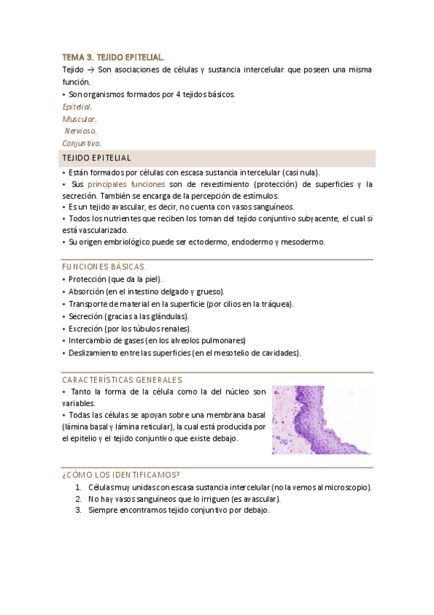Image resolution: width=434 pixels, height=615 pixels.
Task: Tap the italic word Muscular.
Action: tap(79, 118)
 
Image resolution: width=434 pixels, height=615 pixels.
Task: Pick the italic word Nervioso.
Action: tap(80, 131)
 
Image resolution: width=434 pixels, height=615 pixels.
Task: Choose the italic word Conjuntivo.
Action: tap(81, 143)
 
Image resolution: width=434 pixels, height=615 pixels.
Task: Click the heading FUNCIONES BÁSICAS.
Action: tap(104, 266)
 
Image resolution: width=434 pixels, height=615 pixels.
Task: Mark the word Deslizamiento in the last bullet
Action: tap(93, 353)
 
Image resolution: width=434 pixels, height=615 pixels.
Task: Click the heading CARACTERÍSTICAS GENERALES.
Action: tap(122, 379)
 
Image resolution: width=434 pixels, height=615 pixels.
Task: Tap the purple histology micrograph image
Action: tap(322, 420)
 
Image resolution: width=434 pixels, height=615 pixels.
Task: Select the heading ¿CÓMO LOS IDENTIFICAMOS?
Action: tap(121, 474)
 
